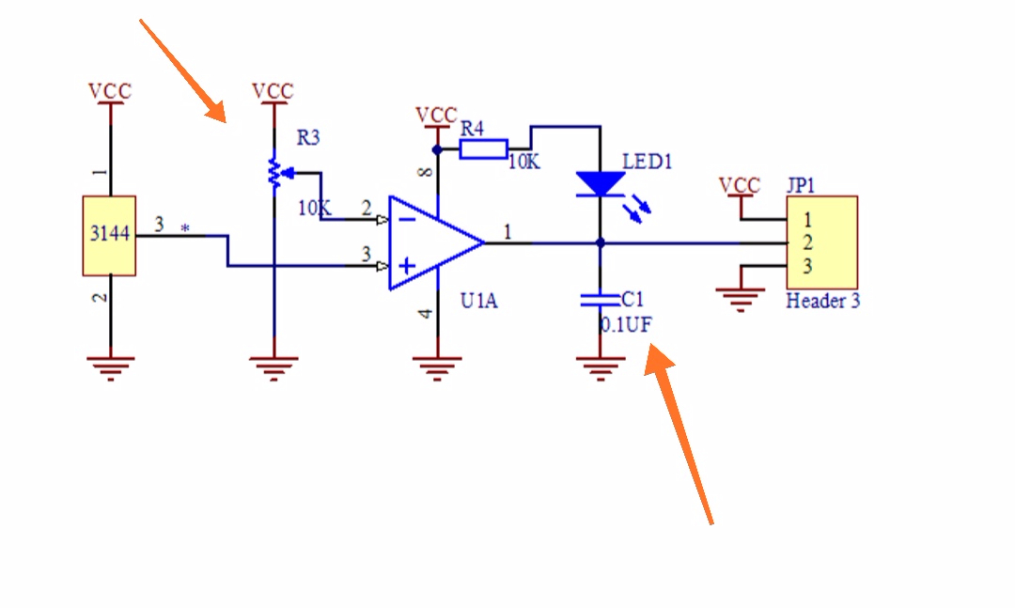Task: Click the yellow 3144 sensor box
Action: tap(109, 236)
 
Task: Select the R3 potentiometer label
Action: tap(308, 138)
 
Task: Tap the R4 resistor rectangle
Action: tap(483, 149)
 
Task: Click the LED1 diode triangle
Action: tap(600, 184)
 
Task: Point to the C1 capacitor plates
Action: tap(600, 300)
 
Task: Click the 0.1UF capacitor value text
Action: tap(626, 324)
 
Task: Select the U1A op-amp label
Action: tap(479, 301)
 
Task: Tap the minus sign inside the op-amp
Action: tap(407, 220)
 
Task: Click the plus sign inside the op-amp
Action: tap(407, 266)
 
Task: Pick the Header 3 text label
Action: tap(822, 301)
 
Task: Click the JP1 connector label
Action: tap(801, 186)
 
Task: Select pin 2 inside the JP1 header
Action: tap(807, 242)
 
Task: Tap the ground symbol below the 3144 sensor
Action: tap(111, 367)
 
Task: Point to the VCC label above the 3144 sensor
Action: tap(110, 91)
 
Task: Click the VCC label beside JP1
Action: tap(740, 186)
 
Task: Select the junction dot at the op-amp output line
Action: tap(600, 242)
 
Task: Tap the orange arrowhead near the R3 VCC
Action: tap(216, 112)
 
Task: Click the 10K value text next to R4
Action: tap(523, 162)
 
